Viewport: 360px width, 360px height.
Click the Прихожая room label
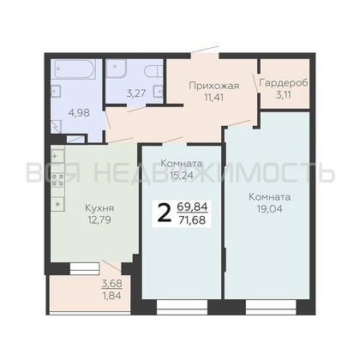(214, 86)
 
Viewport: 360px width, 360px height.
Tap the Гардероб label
(284, 83)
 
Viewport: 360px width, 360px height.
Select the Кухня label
(99, 208)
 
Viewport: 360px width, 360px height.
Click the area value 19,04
(270, 209)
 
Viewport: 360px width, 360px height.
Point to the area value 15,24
(181, 175)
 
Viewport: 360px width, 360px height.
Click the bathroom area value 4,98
(79, 113)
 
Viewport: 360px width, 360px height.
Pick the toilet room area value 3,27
(136, 93)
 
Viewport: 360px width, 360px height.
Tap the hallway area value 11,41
(213, 97)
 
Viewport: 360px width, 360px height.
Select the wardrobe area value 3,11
(284, 94)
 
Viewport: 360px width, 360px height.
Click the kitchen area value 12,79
(99, 220)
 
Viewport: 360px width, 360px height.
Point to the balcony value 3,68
(111, 284)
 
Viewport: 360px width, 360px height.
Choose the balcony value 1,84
(111, 296)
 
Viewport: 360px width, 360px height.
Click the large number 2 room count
(165, 214)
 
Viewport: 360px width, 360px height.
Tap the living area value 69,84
(193, 207)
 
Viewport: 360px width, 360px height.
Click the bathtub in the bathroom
(75, 69)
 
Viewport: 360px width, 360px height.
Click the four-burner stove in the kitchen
(57, 180)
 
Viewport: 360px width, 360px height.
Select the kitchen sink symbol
(57, 156)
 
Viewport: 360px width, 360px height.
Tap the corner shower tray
(116, 69)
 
